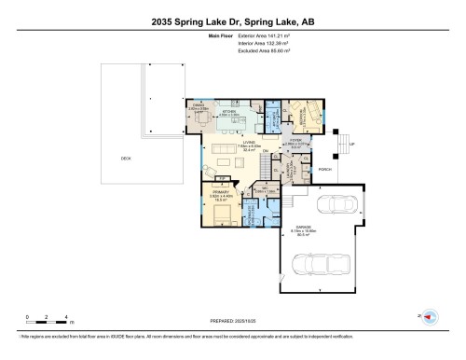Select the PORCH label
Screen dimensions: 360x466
pos(325,170)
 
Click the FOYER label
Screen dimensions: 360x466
pos(295,141)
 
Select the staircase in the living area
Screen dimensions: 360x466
pos(269,166)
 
